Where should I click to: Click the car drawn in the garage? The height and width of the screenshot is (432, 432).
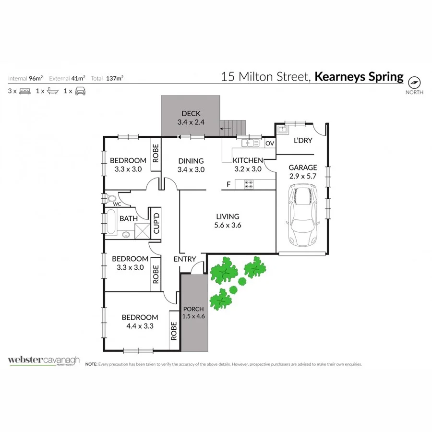coord(303,216)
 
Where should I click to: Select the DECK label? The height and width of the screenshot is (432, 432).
coord(191,114)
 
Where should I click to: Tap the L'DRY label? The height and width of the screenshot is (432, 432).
coord(303,141)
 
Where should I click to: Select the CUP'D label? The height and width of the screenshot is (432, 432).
coord(156,223)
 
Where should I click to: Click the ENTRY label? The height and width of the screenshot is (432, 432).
coord(185,259)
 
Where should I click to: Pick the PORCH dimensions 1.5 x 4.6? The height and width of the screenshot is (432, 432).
coord(193,316)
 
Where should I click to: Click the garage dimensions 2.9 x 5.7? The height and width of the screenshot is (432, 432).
coord(303,176)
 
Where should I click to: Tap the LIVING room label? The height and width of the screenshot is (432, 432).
coord(228,216)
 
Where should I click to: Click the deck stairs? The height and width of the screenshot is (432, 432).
coord(233,128)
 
